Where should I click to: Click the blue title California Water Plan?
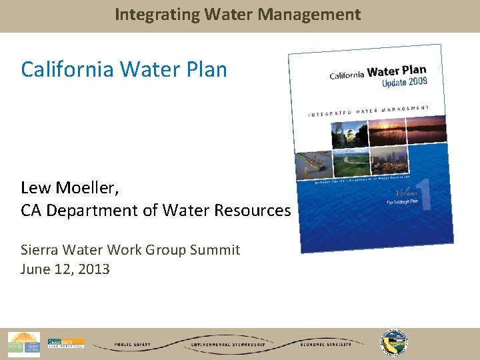(124, 69)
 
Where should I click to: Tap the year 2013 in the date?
(94, 269)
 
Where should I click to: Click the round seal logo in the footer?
(394, 343)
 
